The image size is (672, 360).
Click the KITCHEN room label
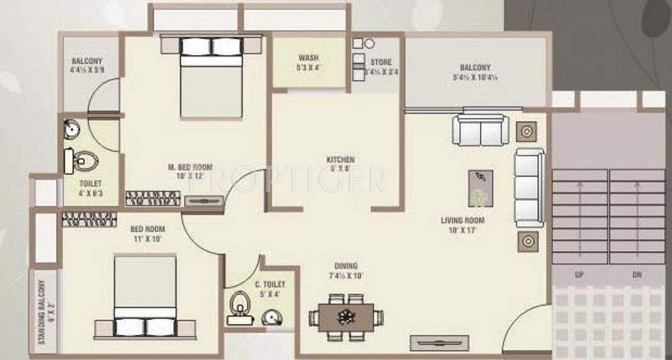pyautogui.click(x=341, y=160)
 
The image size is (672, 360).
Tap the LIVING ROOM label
pyautogui.click(x=462, y=221)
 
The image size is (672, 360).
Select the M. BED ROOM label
pyautogui.click(x=190, y=167)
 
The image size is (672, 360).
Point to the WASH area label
pyautogui.click(x=308, y=58)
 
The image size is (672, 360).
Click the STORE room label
pyautogui.click(x=380, y=62)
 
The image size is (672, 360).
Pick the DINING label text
pyautogui.click(x=347, y=266)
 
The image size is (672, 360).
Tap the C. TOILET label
pyautogui.click(x=270, y=284)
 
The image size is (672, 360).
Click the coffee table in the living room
pyautogui.click(x=480, y=187)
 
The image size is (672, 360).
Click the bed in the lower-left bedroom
pyautogui.click(x=145, y=298)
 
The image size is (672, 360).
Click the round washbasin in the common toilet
pyautogui.click(x=271, y=319)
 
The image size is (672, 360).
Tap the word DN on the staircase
pyautogui.click(x=637, y=275)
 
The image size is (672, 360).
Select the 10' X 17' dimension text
pyautogui.click(x=462, y=230)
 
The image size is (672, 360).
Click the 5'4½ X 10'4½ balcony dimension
pyautogui.click(x=475, y=77)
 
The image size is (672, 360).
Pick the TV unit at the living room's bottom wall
pyautogui.click(x=439, y=343)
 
